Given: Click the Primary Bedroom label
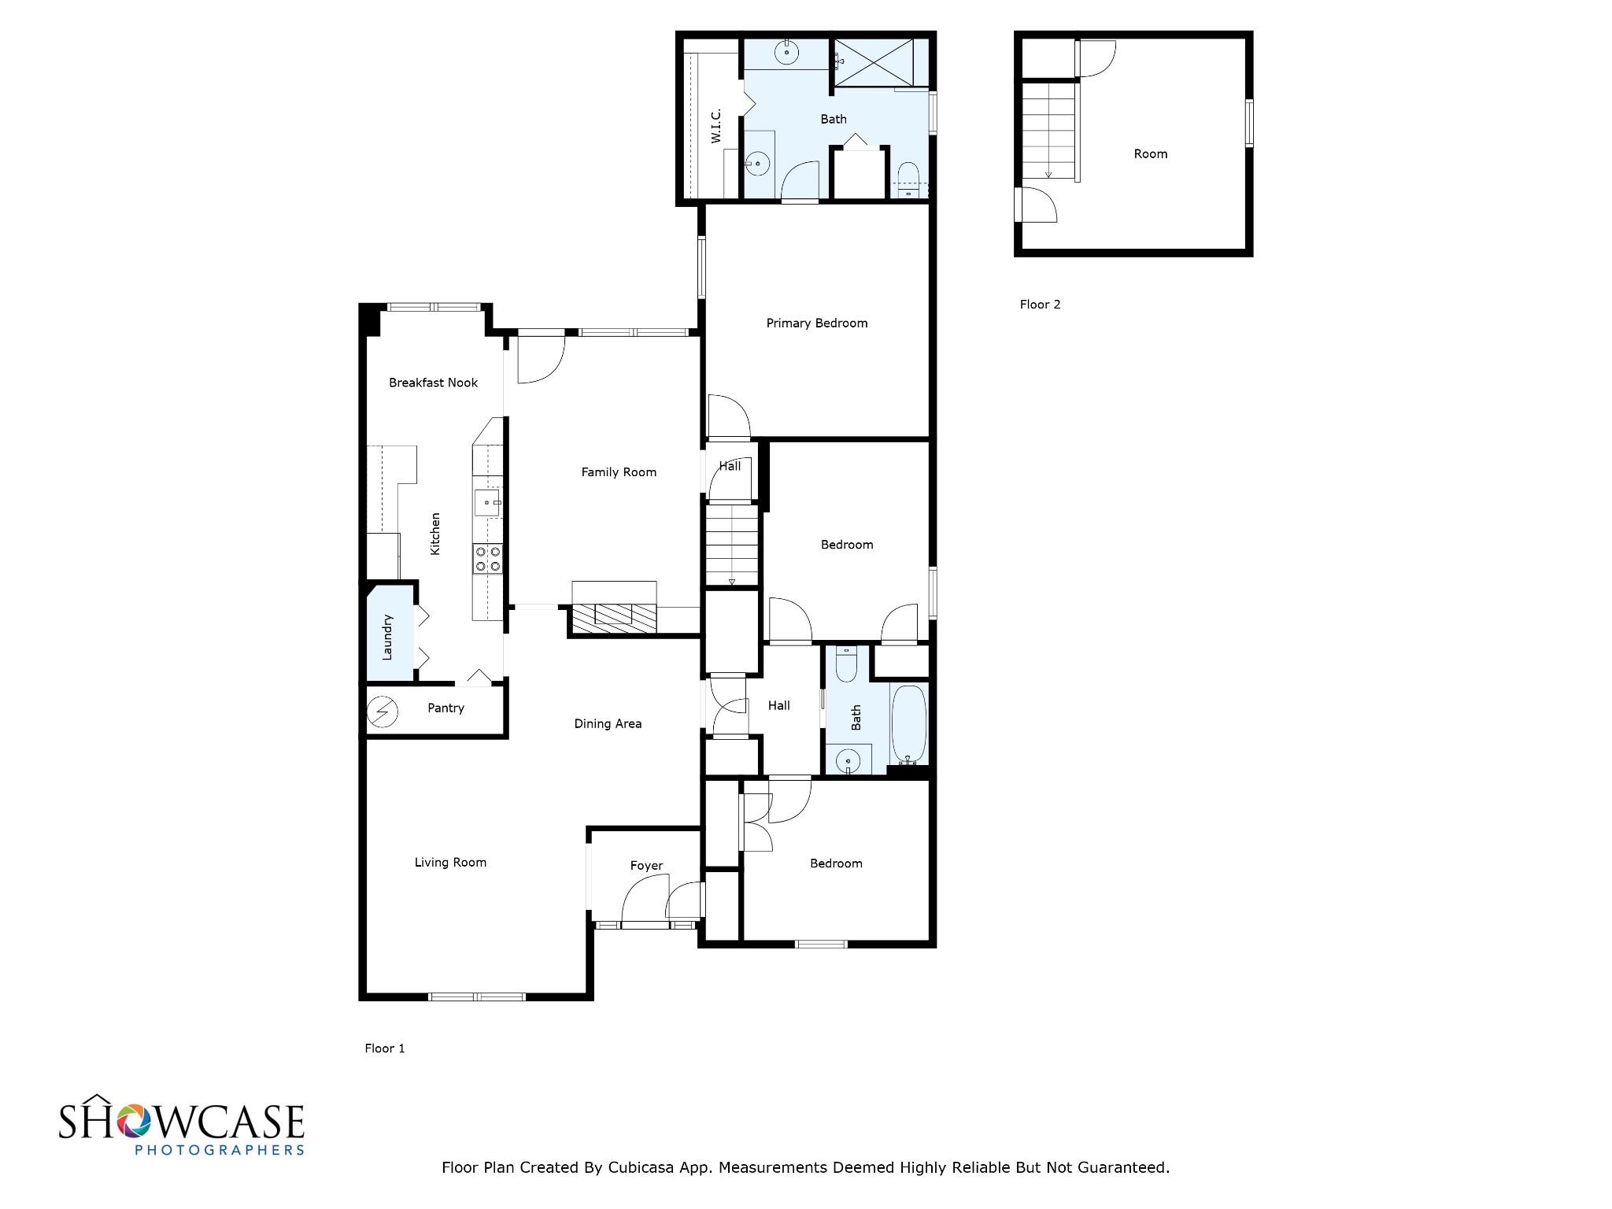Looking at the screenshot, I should pos(816,323).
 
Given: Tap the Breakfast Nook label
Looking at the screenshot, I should pos(433,383).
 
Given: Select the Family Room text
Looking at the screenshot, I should pos(619,472).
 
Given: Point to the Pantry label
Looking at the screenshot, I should pos(446,708).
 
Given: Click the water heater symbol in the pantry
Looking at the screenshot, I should pos(383,712).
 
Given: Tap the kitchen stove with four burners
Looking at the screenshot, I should pos(488,559).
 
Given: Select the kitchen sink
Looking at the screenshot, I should pos(487,502).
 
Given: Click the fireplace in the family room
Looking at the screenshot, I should pos(614,617).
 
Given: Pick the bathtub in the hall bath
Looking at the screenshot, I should pos(909,724).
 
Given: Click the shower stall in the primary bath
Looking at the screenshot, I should pos(874,61).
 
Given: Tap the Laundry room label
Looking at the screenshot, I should pos(387,637).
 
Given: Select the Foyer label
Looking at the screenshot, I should pos(646,865).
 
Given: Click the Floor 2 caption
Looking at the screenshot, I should pos(1040,305).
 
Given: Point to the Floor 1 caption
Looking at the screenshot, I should pos(384,1048).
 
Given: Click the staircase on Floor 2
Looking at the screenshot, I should pos(1048,130).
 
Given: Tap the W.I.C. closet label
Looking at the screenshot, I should pos(715,126).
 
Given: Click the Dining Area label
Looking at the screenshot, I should pos(608,723).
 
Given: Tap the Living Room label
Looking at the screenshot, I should pos(450,862).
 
